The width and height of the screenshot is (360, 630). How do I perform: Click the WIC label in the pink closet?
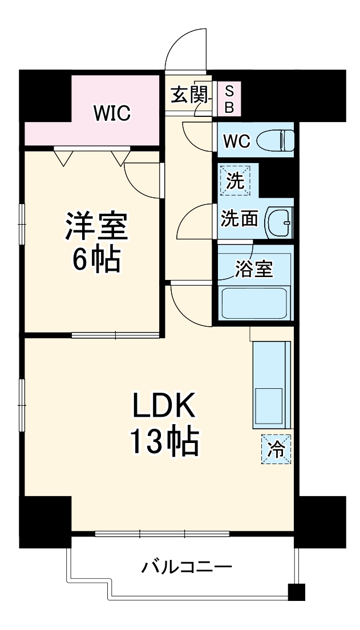tap(112, 113)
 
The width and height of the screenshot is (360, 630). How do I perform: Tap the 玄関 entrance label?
tap(188, 95)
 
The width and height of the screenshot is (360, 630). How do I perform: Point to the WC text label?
tap(236, 140)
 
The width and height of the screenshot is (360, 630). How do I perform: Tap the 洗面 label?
tap(239, 219)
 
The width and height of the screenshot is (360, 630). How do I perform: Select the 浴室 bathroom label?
tap(253, 269)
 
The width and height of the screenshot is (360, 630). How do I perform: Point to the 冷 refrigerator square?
tap(276, 448)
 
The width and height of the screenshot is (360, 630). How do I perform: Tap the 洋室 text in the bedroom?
tap(95, 226)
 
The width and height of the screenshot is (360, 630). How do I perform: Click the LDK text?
tap(164, 407)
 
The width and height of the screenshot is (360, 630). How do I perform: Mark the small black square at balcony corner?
tap(297, 592)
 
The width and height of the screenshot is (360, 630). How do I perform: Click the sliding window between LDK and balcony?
tap(162, 534)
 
